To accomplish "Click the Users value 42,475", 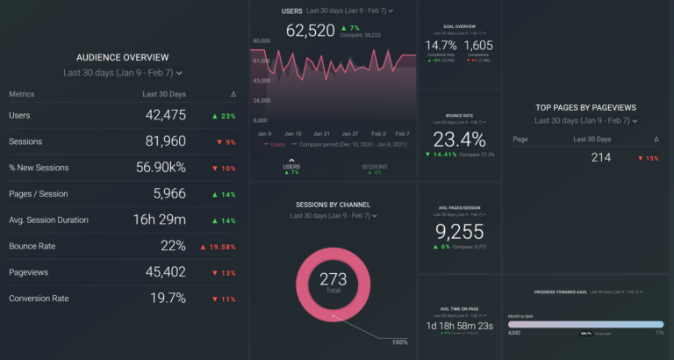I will (x=166, y=115).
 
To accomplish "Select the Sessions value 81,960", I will (x=166, y=141).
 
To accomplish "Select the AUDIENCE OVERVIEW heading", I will (x=123, y=56).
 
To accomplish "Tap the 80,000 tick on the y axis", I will (x=261, y=41).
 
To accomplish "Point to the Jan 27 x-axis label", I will (x=349, y=133).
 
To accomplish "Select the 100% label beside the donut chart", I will (x=399, y=342).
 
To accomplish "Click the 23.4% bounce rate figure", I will (x=459, y=140).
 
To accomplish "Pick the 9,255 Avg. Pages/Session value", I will (x=459, y=231).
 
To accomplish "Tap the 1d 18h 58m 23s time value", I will (x=459, y=327).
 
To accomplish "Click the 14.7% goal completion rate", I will (x=441, y=45).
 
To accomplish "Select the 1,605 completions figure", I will (x=478, y=45).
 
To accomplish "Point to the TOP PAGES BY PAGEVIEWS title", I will (x=585, y=108).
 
